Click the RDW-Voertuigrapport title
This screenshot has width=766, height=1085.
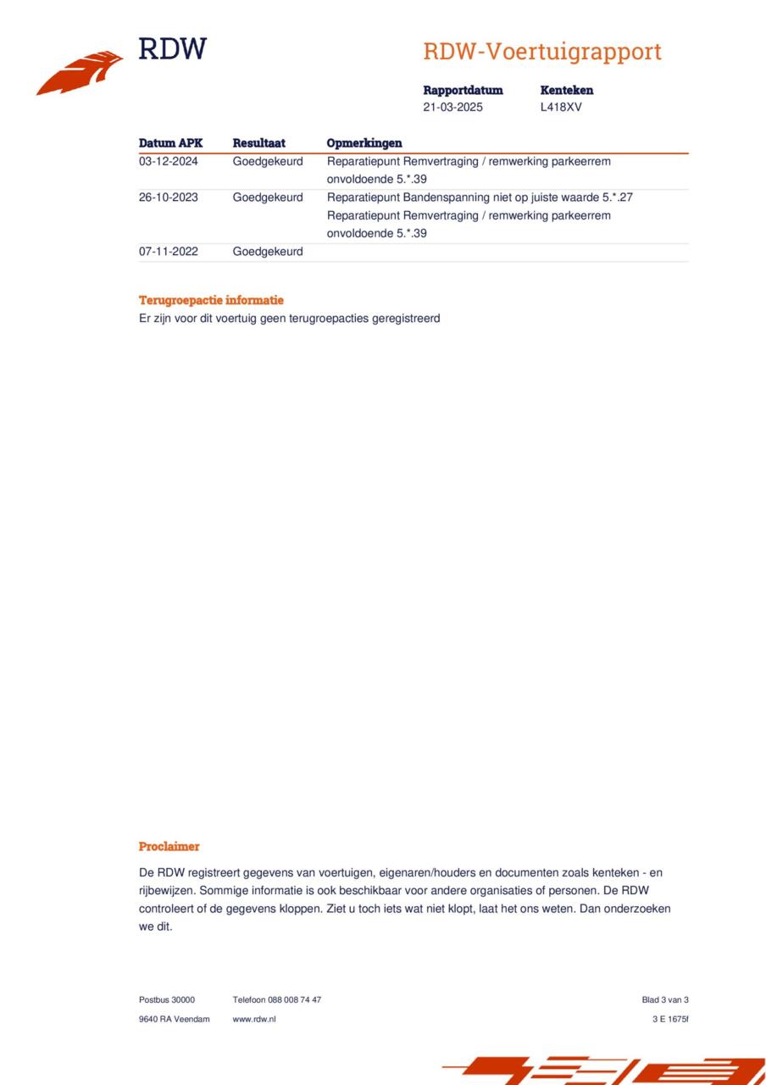pyautogui.click(x=542, y=52)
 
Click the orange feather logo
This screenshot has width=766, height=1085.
pyautogui.click(x=80, y=72)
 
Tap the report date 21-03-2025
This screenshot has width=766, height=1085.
pyautogui.click(x=453, y=108)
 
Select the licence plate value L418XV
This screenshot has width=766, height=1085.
pyautogui.click(x=561, y=108)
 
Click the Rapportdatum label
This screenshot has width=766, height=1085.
pyautogui.click(x=463, y=90)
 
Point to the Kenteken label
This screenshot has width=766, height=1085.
pyautogui.click(x=566, y=90)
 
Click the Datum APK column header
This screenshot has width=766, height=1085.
pyautogui.click(x=170, y=143)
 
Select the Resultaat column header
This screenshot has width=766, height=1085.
pyautogui.click(x=258, y=143)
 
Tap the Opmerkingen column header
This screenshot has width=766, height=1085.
pyautogui.click(x=364, y=143)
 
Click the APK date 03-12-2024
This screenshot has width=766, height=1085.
pyautogui.click(x=169, y=161)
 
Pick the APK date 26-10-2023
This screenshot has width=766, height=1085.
pyautogui.click(x=169, y=198)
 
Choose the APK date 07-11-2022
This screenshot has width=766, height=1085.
pyautogui.click(x=169, y=252)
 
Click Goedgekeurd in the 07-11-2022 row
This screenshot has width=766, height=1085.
pyautogui.click(x=268, y=252)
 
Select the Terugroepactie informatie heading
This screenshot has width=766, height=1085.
pyautogui.click(x=211, y=300)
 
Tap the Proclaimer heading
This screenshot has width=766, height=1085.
pyautogui.click(x=169, y=846)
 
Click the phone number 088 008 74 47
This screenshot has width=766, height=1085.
pyautogui.click(x=294, y=999)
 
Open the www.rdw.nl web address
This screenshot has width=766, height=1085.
pyautogui.click(x=254, y=1019)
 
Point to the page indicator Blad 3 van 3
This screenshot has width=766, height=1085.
pyautogui.click(x=665, y=999)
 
